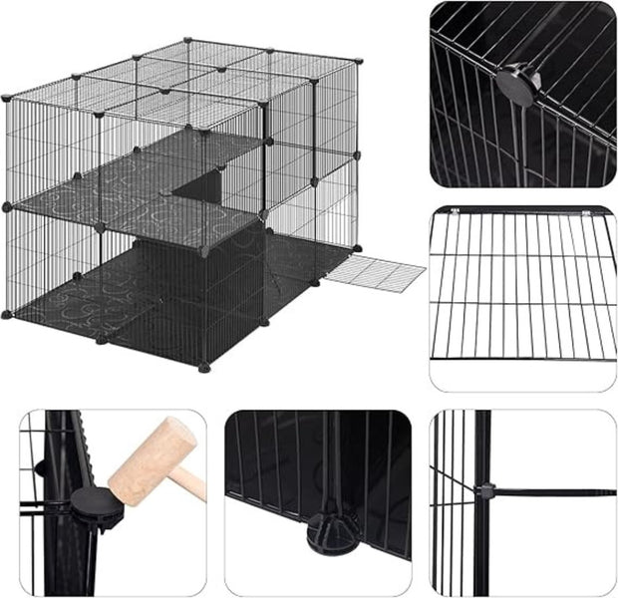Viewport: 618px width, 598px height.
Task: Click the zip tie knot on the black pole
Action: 485,490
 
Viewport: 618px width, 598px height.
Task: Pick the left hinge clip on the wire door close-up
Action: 455,210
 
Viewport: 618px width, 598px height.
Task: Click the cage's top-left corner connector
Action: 6,98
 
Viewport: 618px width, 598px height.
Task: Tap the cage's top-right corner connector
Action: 358,61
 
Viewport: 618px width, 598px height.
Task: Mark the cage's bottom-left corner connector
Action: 7,316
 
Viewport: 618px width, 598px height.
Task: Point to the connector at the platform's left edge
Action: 6,206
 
